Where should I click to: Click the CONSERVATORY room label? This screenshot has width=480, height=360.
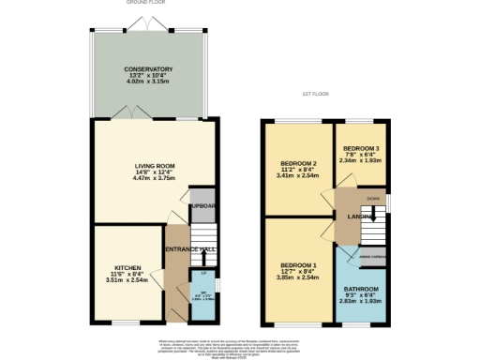148,68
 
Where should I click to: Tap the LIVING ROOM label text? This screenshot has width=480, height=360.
155,166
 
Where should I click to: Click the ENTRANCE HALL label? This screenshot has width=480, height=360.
190,248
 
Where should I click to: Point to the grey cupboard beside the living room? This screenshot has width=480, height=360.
202,207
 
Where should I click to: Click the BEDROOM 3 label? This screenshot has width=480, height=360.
361,150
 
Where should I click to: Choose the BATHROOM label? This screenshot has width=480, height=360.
360,289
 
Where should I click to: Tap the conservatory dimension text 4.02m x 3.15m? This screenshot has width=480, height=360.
148,82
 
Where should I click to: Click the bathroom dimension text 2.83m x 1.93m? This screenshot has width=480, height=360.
360,303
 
